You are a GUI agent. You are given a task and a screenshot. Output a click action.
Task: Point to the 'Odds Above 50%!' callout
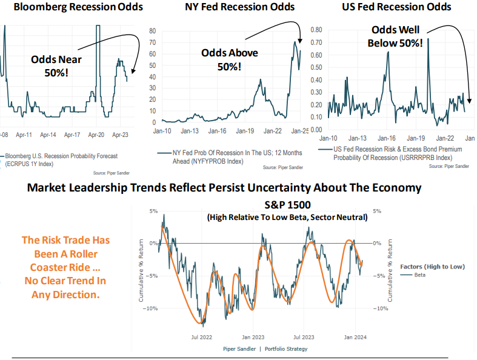[x=229, y=59]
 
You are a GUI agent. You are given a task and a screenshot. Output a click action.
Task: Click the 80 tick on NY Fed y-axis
[x=153, y=31]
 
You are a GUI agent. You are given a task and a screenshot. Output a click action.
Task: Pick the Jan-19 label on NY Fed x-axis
[x=244, y=130]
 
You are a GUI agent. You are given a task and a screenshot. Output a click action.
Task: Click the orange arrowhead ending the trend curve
[x=362, y=263]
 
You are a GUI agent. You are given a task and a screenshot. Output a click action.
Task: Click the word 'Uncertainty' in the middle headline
[x=270, y=188]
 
